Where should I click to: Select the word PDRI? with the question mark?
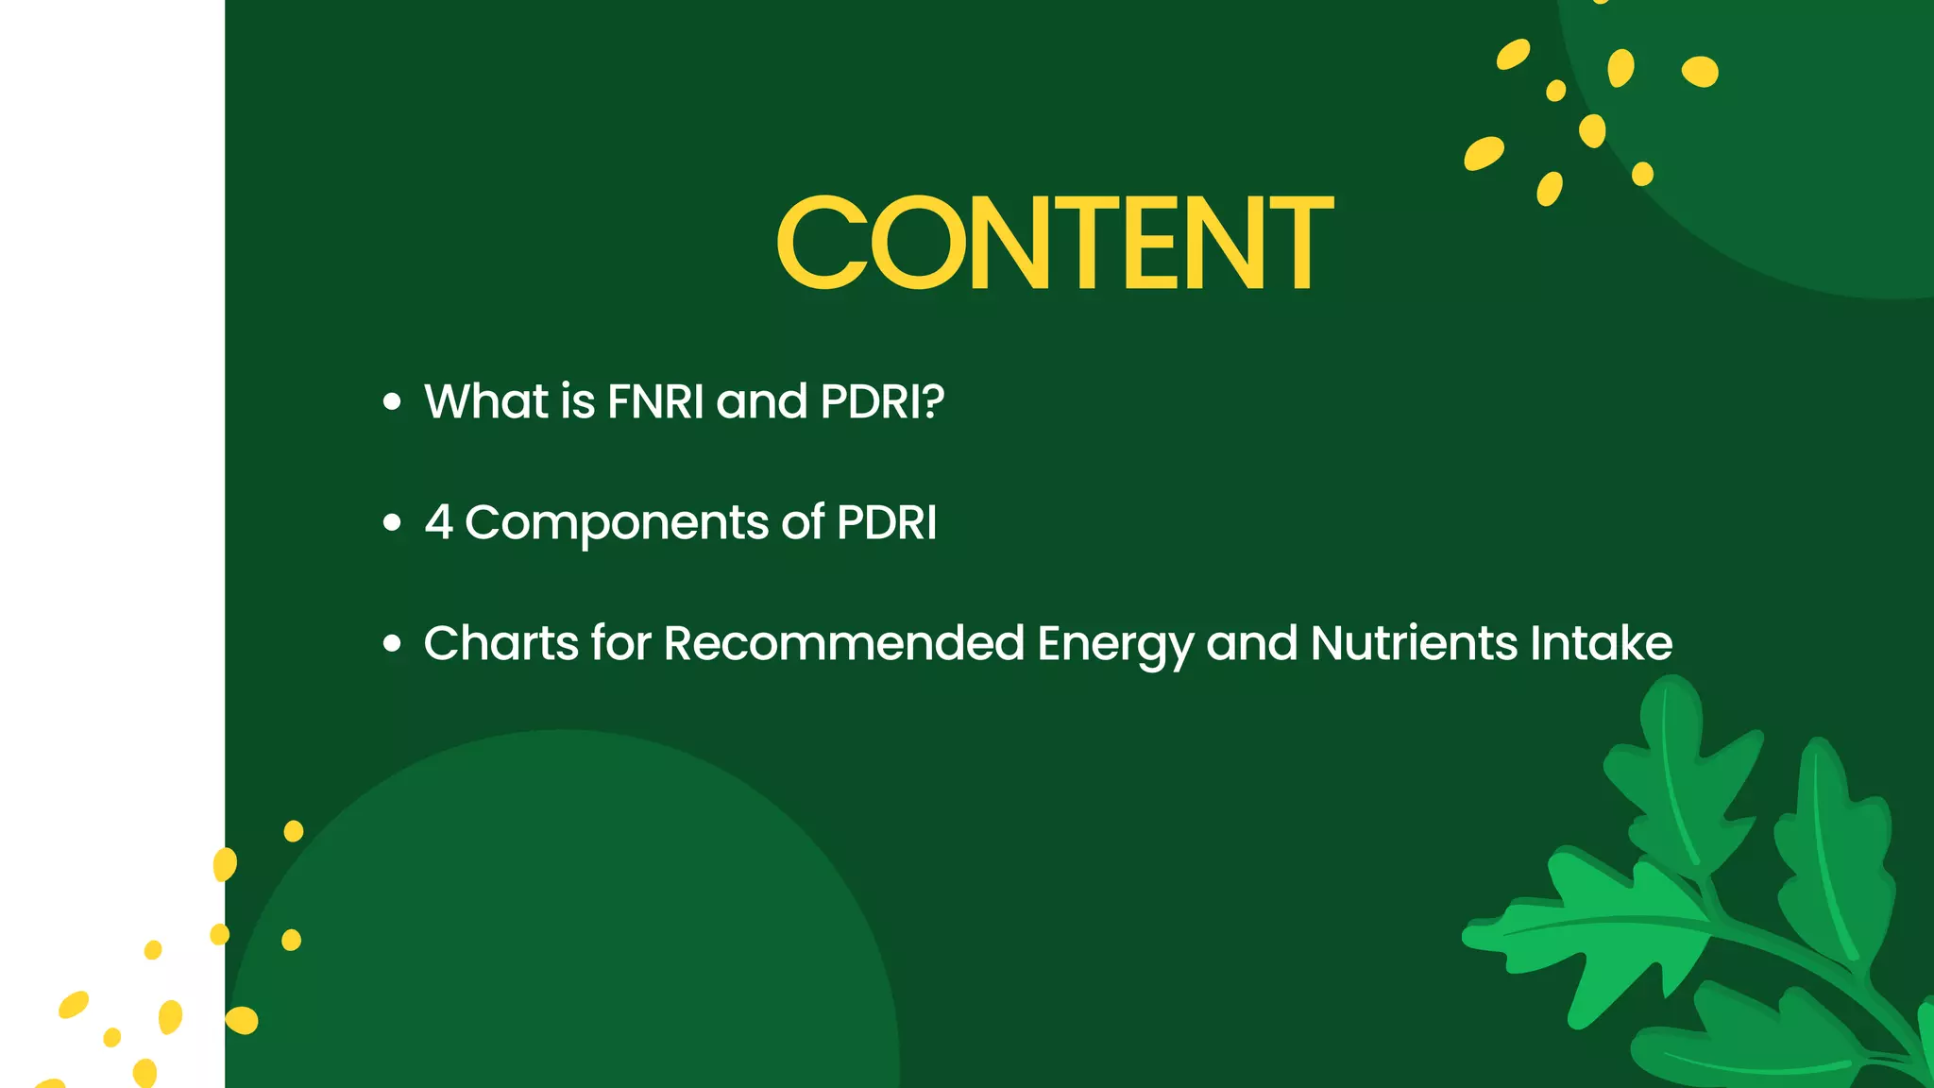[882, 401]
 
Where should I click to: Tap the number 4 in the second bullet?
[438, 522]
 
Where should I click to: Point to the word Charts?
[500, 643]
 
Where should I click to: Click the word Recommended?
[843, 643]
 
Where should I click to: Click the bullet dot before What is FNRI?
[392, 402]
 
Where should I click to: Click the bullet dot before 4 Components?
[392, 523]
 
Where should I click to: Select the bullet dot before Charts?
[392, 644]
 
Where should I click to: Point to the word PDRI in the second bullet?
[886, 522]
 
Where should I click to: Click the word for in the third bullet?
[620, 643]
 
